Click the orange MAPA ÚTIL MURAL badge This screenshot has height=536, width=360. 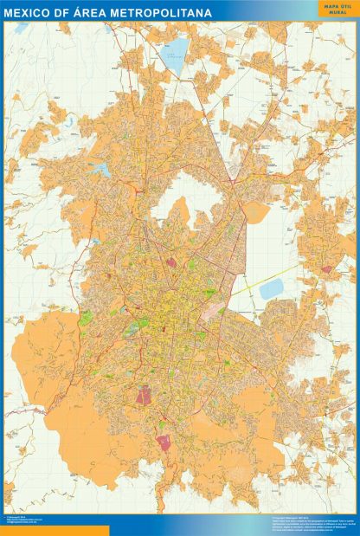(334, 10)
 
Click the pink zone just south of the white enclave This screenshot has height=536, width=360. (171, 262)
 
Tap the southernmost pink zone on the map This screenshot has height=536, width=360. (164, 442)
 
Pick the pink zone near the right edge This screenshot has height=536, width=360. (326, 269)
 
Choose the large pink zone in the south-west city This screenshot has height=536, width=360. (144, 395)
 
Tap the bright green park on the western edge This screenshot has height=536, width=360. (86, 318)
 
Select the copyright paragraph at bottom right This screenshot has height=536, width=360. (294, 520)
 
